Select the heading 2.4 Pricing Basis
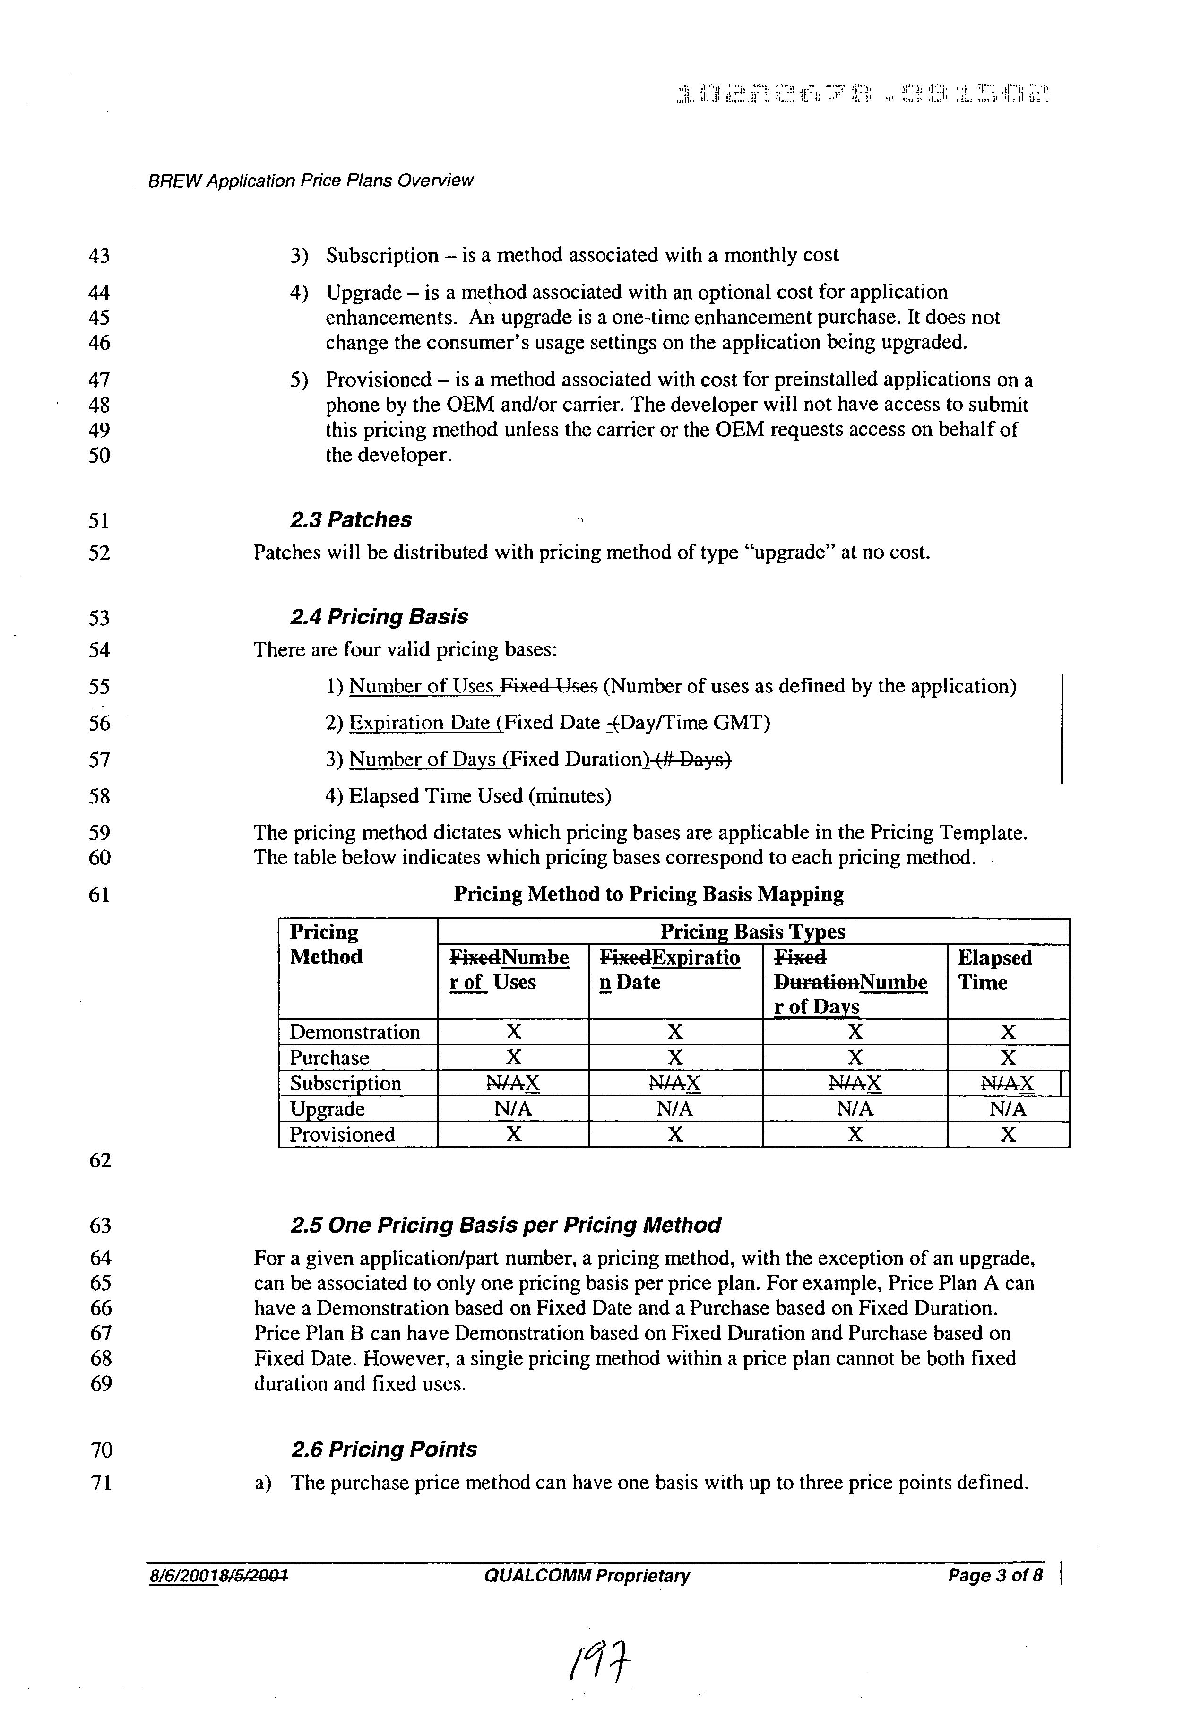click(379, 617)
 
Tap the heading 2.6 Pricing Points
click(384, 1449)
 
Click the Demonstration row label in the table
click(354, 1032)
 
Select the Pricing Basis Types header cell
click(752, 932)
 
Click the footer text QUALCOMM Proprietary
click(587, 1576)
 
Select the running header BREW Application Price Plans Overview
click(311, 181)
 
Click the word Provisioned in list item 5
click(378, 380)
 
